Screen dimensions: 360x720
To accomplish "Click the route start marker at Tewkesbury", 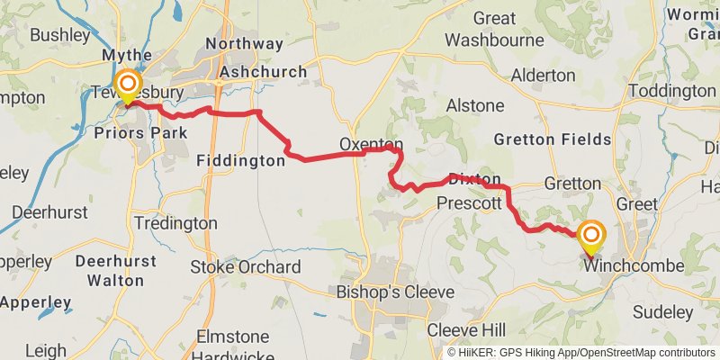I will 127,87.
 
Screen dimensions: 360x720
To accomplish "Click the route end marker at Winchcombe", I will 591,237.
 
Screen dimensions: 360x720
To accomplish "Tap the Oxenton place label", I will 371,145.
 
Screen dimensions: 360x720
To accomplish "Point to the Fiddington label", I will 240,161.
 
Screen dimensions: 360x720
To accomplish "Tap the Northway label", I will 244,43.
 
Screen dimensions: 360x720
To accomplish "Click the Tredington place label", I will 175,222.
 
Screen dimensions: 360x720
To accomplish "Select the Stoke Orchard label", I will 245,267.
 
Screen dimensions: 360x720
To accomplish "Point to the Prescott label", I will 468,204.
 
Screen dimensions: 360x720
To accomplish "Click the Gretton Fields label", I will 553,139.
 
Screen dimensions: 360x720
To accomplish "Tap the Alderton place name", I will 543,76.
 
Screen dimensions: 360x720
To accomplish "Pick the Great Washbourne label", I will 495,29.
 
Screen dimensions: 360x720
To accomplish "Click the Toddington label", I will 670,92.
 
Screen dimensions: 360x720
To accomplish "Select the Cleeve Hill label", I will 466,328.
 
